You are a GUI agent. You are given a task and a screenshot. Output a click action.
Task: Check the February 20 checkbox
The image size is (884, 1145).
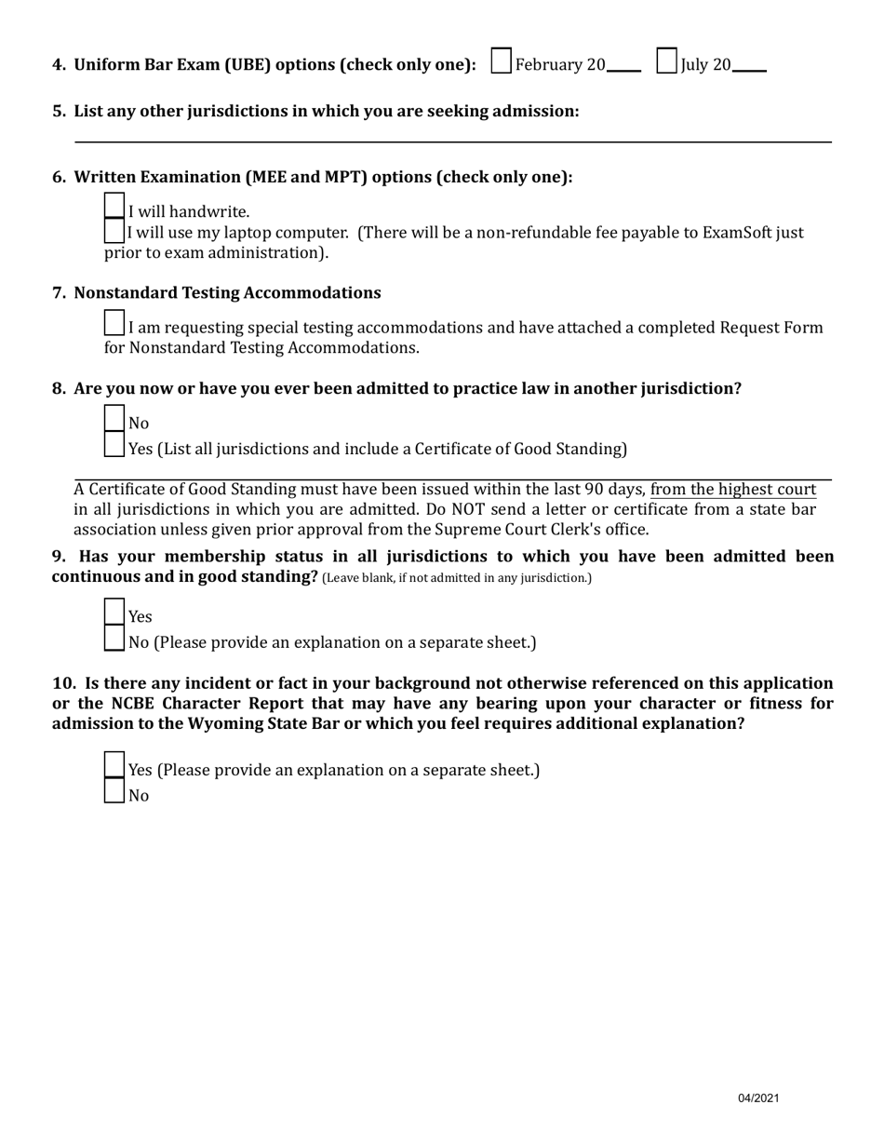(x=501, y=61)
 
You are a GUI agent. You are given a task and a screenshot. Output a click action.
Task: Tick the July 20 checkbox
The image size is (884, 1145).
(x=666, y=61)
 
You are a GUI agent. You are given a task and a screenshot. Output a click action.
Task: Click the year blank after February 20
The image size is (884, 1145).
(x=623, y=67)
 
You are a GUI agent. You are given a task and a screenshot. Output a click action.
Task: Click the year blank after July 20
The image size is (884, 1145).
(x=749, y=67)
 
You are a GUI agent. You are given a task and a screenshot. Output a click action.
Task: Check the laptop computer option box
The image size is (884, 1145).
(x=114, y=231)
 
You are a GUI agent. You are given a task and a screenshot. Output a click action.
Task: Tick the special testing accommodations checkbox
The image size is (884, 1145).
(x=114, y=324)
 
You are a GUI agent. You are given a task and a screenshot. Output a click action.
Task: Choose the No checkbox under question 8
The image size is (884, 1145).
(x=114, y=419)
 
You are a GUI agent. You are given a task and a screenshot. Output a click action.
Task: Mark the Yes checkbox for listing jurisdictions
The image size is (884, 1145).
(x=114, y=445)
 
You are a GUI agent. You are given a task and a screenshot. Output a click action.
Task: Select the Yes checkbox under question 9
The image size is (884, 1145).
(x=114, y=613)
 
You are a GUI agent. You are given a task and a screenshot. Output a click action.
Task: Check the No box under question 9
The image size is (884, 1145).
(x=114, y=639)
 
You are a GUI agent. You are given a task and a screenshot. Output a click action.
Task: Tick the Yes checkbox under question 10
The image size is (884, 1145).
(x=114, y=765)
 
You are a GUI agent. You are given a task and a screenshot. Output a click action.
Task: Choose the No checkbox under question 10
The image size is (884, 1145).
(x=114, y=791)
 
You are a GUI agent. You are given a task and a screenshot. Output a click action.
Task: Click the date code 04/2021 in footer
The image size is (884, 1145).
(x=758, y=1098)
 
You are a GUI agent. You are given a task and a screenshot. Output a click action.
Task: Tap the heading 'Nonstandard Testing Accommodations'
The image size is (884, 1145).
(x=227, y=293)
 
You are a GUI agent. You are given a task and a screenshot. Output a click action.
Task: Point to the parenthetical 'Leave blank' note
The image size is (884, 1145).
(x=456, y=578)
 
